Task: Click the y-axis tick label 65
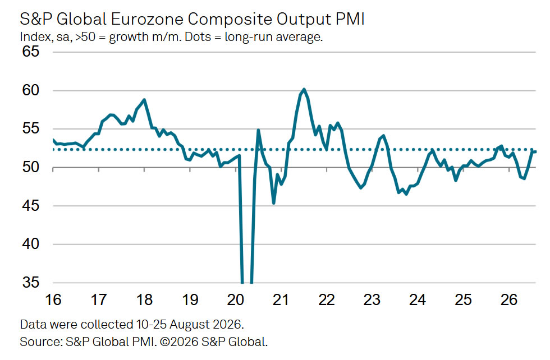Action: coord(30,52)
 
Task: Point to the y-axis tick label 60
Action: coord(30,90)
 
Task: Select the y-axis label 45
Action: coord(30,205)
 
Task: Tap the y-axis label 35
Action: coord(30,282)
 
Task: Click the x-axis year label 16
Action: coord(53,299)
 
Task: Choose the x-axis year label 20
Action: coord(235,299)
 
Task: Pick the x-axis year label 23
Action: coord(372,299)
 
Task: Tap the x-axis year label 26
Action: coord(508,299)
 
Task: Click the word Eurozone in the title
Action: coord(146,19)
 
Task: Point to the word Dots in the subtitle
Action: coord(198,37)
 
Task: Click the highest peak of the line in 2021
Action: coord(304,89)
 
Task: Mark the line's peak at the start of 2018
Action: coord(144,100)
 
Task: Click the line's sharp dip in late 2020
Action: coord(274,203)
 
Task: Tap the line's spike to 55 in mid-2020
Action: coord(258,130)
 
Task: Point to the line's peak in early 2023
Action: coord(383,136)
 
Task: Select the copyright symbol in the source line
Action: coord(165,341)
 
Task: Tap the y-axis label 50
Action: coord(30,167)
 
